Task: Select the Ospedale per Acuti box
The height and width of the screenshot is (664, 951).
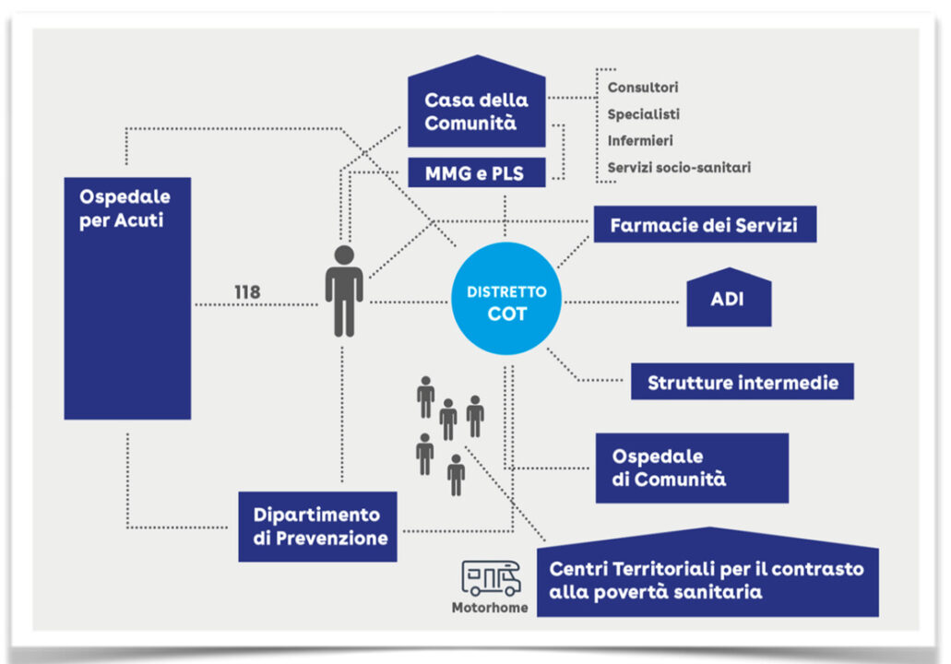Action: [x=127, y=298]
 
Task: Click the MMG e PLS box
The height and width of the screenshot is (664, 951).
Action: [x=475, y=172]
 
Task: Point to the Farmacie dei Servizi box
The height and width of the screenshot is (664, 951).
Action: [x=704, y=224]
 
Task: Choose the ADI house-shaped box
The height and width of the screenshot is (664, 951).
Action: [x=728, y=300]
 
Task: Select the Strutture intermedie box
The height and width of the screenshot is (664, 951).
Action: [x=742, y=382]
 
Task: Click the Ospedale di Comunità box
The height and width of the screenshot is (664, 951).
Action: [x=691, y=468]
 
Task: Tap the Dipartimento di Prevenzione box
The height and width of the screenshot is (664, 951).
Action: [x=317, y=527]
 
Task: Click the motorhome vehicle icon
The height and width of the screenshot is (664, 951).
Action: [x=491, y=579]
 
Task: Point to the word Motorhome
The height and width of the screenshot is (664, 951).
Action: [x=490, y=608]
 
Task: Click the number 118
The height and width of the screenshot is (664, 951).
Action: [x=246, y=292]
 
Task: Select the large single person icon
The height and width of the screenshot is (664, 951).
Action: [x=343, y=290]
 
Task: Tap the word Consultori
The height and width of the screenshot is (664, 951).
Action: [x=643, y=88]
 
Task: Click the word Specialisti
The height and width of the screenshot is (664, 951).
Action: [x=643, y=114]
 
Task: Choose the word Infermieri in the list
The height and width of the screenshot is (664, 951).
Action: [x=640, y=141]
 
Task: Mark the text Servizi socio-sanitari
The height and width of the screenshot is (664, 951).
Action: [x=679, y=168]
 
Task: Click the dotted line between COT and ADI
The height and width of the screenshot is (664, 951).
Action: [x=623, y=302]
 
